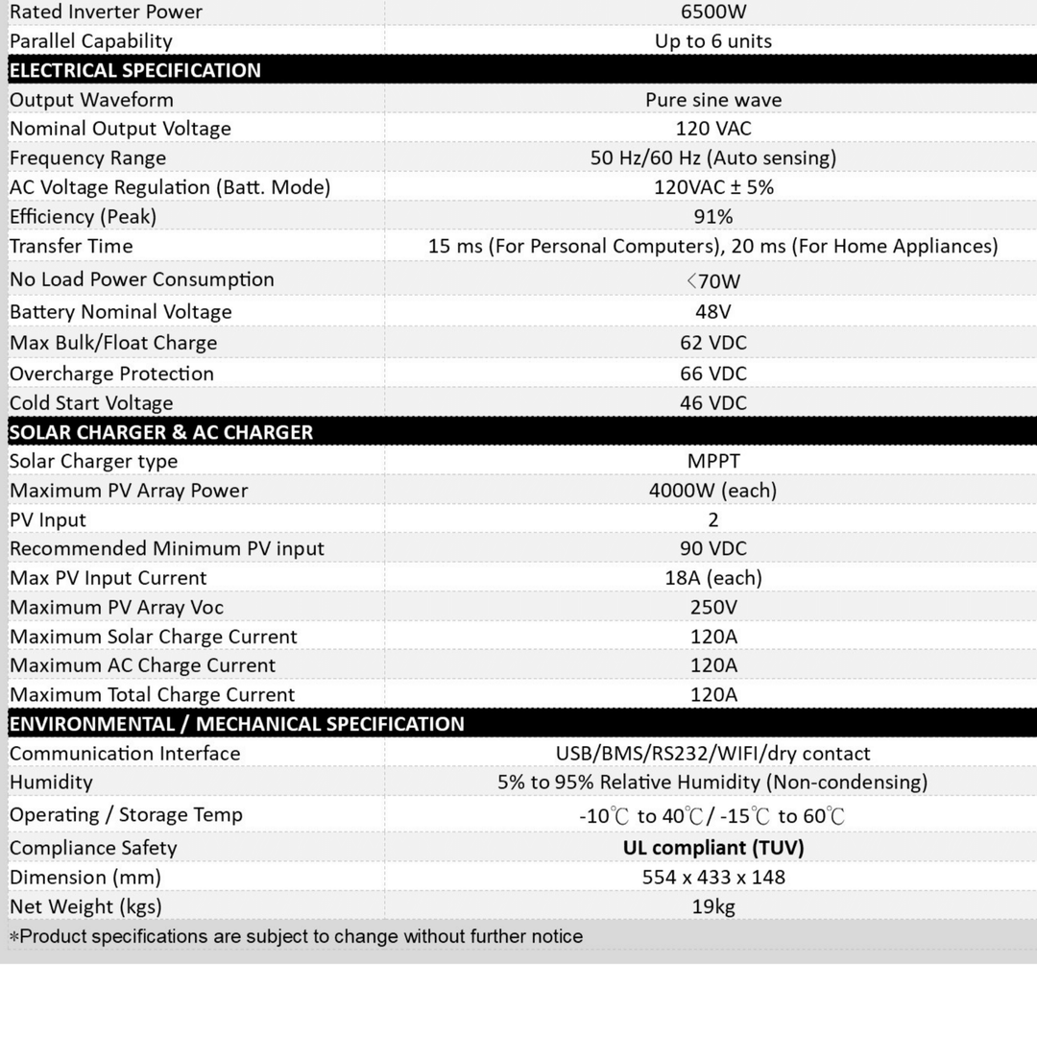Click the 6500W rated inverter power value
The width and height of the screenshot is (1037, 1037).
pyautogui.click(x=712, y=12)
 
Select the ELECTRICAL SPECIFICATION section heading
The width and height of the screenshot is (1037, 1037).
pyautogui.click(x=135, y=70)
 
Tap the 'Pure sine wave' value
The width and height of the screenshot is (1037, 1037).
pyautogui.click(x=712, y=100)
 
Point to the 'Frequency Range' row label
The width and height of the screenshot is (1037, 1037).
pyautogui.click(x=87, y=157)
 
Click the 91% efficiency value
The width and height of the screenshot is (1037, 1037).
pyautogui.click(x=712, y=216)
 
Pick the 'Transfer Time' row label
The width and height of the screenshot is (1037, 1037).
pyautogui.click(x=71, y=246)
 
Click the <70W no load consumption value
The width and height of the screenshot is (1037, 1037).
pyautogui.click(x=712, y=281)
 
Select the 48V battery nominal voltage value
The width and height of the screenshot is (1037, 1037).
pyautogui.click(x=712, y=312)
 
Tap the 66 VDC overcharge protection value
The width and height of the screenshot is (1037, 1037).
pyautogui.click(x=712, y=374)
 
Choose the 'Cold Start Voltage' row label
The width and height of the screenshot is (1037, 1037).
pyautogui.click(x=91, y=403)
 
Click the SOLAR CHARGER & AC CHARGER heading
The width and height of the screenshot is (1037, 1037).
pyautogui.click(x=161, y=432)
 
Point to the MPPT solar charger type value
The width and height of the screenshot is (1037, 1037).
pyautogui.click(x=712, y=461)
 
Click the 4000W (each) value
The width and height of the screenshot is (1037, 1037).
pyautogui.click(x=712, y=491)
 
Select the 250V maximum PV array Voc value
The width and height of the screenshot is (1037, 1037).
pyautogui.click(x=712, y=607)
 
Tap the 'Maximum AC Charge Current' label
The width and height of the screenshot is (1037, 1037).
pyautogui.click(x=142, y=665)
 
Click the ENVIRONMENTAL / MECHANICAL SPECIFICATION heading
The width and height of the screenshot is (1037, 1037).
pyautogui.click(x=236, y=724)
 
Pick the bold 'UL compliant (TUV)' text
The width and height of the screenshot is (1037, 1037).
pyautogui.click(x=712, y=848)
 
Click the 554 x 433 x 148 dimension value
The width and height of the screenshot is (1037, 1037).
pyautogui.click(x=712, y=877)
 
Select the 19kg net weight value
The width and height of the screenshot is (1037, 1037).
pyautogui.click(x=712, y=906)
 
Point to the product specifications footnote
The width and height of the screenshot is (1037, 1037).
pyautogui.click(x=296, y=936)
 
